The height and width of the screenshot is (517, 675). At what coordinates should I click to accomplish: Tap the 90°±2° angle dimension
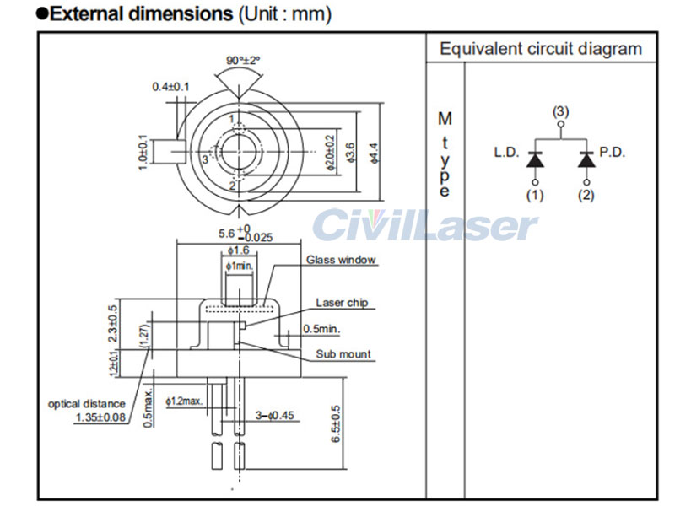(x=243, y=61)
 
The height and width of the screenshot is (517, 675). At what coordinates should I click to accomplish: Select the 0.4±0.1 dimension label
(x=170, y=87)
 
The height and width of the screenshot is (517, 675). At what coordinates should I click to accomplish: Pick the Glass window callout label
(x=341, y=260)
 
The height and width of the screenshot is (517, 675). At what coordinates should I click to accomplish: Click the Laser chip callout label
(x=341, y=303)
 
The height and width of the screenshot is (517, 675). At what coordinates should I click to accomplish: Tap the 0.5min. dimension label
(x=321, y=328)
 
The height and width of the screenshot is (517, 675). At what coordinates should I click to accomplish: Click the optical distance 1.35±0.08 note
(x=87, y=410)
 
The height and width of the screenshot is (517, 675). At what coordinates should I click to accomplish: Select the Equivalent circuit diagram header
(x=541, y=49)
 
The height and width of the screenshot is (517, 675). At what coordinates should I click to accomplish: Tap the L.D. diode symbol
(x=534, y=159)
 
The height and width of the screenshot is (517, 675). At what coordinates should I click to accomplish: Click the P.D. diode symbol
(x=586, y=159)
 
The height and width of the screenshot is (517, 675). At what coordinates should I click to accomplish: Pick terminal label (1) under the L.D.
(x=534, y=195)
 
